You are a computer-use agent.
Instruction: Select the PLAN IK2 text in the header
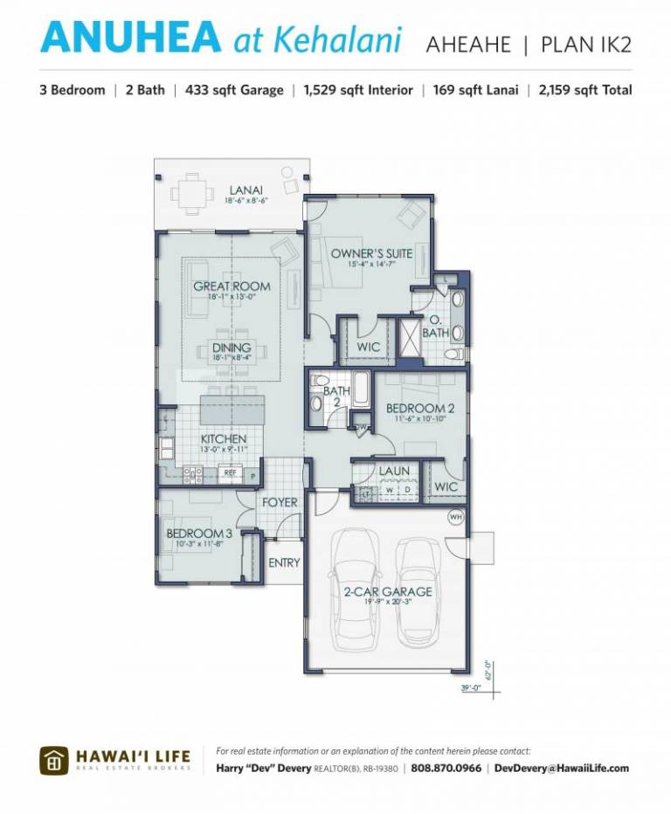[x=585, y=44]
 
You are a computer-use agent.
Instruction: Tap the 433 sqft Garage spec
[x=234, y=90]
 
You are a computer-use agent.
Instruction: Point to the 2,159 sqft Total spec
[x=585, y=90]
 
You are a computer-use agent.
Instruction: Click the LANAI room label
[x=246, y=190]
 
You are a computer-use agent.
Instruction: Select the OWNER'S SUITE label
[x=371, y=254]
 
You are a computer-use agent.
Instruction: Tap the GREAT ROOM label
[x=232, y=286]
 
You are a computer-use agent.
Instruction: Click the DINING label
[x=232, y=348]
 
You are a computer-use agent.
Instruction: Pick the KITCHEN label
[x=224, y=438]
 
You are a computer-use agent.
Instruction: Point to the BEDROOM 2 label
[x=420, y=409]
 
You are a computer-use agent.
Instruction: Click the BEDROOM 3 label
[x=200, y=534]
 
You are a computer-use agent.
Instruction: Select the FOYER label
[x=280, y=503]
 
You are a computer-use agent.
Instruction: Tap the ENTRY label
[x=284, y=563]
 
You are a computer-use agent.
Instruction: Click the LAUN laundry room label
[x=394, y=472]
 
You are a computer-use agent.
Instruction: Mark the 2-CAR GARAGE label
[x=387, y=591]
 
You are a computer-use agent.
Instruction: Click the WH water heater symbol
[x=454, y=517]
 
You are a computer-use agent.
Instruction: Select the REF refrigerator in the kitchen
[x=230, y=473]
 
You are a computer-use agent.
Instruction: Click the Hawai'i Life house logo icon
[x=53, y=761]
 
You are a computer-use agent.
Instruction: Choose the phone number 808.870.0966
[x=446, y=769]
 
